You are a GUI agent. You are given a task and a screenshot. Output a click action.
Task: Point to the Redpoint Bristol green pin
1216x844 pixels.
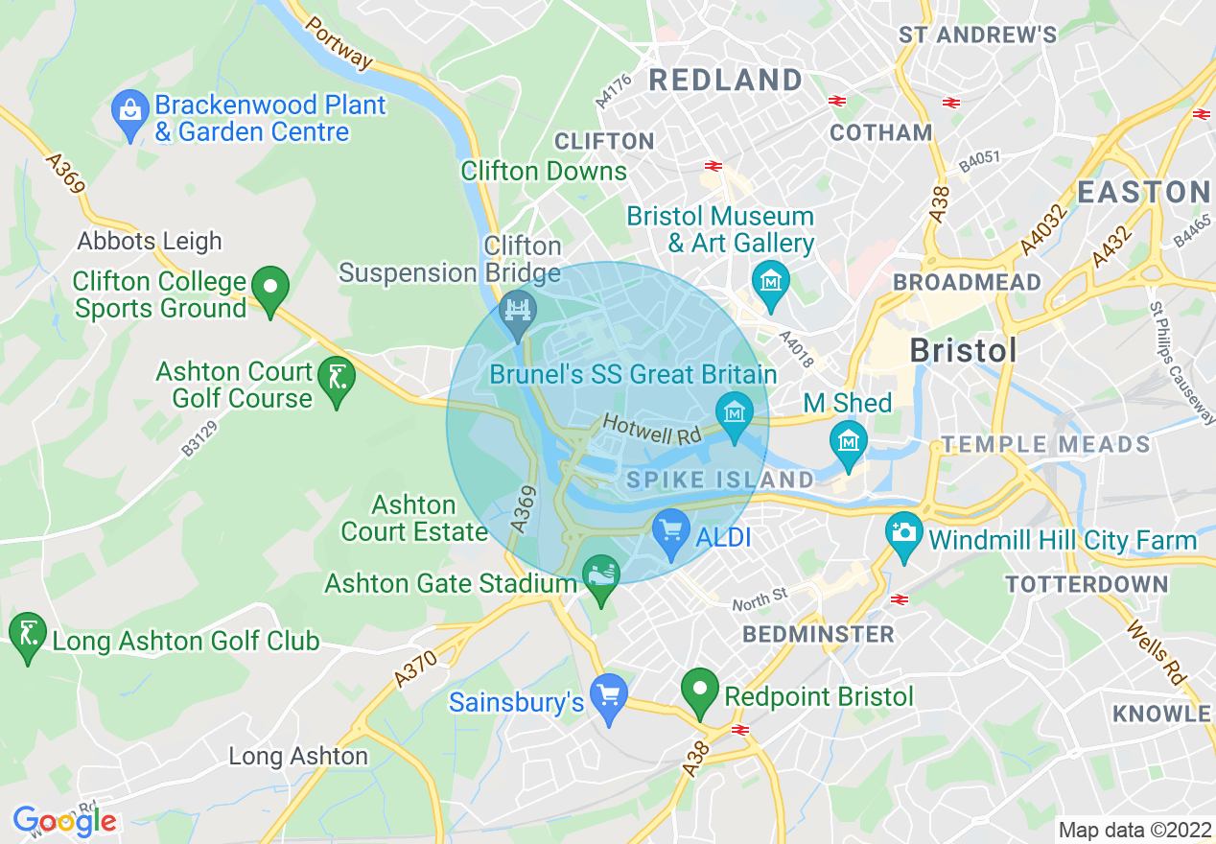[700, 691]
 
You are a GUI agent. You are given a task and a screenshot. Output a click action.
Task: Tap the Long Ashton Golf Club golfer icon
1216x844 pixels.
[27, 635]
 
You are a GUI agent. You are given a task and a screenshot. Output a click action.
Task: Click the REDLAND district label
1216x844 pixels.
[726, 80]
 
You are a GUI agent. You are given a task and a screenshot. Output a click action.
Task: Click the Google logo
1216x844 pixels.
[64, 821]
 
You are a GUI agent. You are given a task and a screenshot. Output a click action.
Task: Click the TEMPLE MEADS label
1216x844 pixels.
[1045, 444]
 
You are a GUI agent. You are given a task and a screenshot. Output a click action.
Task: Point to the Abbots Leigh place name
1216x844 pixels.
[150, 241]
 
